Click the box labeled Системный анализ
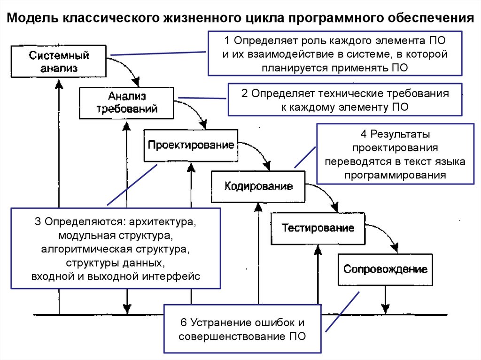(x=59, y=61)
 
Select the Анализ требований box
(x=127, y=102)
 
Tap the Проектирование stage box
(x=191, y=145)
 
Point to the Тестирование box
(x=318, y=228)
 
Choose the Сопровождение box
(x=385, y=269)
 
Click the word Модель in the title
(x=29, y=18)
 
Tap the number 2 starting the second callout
(x=244, y=93)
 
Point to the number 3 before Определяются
(x=37, y=221)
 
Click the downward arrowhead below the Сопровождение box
(x=385, y=308)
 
